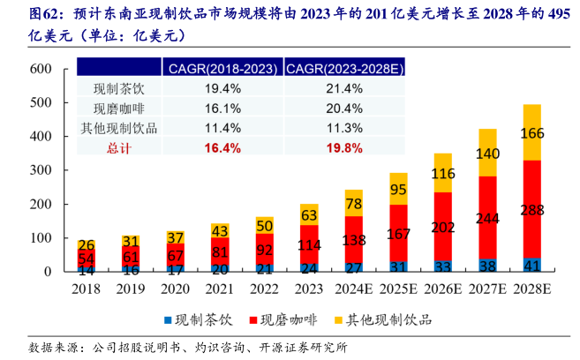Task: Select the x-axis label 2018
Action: point(87,289)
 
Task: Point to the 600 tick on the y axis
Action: point(41,70)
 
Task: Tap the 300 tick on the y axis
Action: point(41,170)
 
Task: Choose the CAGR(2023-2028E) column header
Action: point(344,68)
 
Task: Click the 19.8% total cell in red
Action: point(344,147)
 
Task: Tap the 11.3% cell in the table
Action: point(344,128)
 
